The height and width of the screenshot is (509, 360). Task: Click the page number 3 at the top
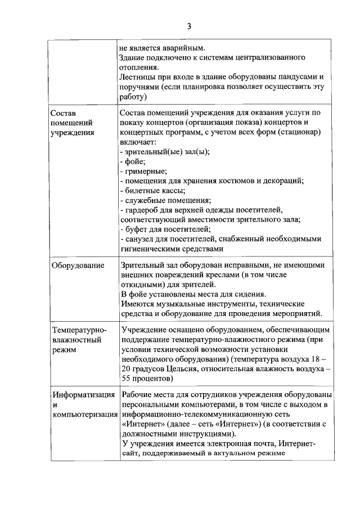coord(189,26)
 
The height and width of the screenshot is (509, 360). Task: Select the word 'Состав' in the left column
coord(62,112)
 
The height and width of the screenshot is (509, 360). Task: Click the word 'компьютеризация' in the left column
coord(84,415)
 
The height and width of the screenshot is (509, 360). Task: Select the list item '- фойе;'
coord(133,161)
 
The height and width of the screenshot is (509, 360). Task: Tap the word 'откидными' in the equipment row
coord(141,284)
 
